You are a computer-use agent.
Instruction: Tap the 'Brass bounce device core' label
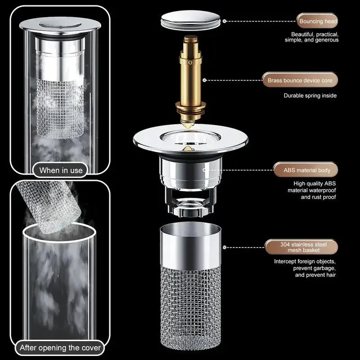pos(300,81)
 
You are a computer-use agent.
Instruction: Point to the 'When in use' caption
pos(61,170)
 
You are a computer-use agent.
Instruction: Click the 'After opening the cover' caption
pos(60,348)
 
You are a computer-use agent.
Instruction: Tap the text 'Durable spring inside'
pos(310,95)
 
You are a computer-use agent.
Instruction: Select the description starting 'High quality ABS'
pos(311,190)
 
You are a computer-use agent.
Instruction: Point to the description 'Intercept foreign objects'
pos(305,268)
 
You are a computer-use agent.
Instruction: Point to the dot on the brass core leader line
pos(204,81)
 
